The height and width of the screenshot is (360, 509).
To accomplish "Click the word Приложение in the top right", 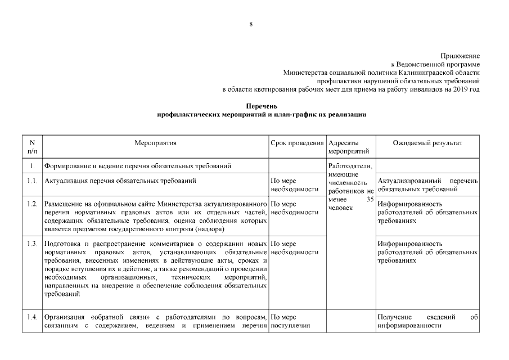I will pyautogui.click(x=460, y=56).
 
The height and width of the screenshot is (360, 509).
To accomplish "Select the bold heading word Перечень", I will pyautogui.click(x=262, y=106).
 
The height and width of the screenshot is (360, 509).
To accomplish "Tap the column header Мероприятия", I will pyautogui.click(x=156, y=143).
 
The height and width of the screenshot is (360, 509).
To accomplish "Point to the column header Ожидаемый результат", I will pyautogui.click(x=427, y=143).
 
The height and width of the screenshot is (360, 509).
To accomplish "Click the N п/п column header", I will pyautogui.click(x=32, y=147).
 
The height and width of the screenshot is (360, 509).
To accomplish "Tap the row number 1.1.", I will pyautogui.click(x=32, y=181).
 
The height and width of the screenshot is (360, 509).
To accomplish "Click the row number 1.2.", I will pyautogui.click(x=32, y=203).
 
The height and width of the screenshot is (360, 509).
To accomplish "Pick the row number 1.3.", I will pyautogui.click(x=32, y=244).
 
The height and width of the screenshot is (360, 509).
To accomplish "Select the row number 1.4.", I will pyautogui.click(x=32, y=317).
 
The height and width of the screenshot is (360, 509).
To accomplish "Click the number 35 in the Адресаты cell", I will pyautogui.click(x=369, y=200).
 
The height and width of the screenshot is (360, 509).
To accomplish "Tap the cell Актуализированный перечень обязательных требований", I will pyautogui.click(x=427, y=184).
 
